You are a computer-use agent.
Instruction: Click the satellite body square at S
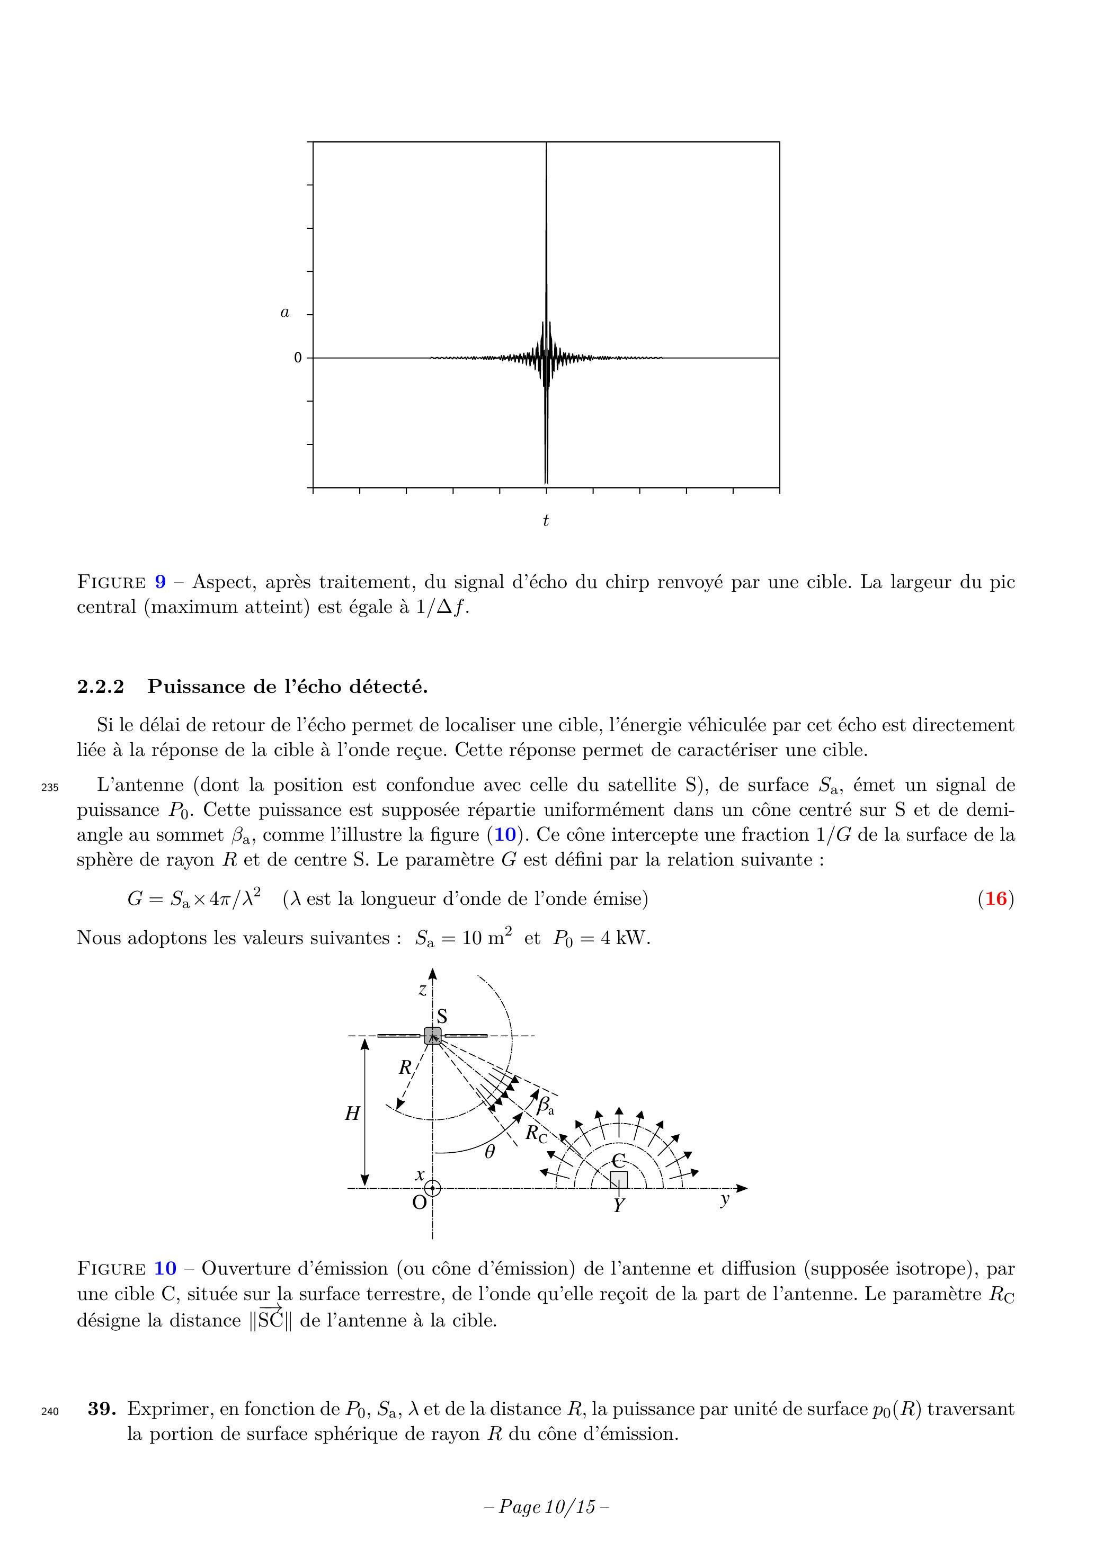[x=432, y=1036]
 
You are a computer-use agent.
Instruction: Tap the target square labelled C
[x=619, y=1179]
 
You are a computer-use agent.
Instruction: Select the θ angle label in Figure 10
[x=490, y=1152]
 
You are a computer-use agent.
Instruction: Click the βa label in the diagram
[x=545, y=1105]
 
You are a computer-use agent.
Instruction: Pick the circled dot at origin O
[x=432, y=1188]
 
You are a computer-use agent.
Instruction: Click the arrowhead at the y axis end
[x=742, y=1188]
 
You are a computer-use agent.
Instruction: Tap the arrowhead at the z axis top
[x=432, y=974]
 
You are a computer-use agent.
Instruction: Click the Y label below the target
[x=619, y=1206]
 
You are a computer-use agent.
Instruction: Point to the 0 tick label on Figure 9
[x=298, y=358]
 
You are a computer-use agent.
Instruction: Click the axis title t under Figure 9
[x=546, y=520]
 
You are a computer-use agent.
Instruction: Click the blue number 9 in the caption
[x=160, y=582]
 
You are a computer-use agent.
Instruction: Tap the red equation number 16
[x=996, y=898]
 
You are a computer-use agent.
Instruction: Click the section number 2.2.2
[x=101, y=687]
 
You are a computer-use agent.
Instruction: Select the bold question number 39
[x=102, y=1409]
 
